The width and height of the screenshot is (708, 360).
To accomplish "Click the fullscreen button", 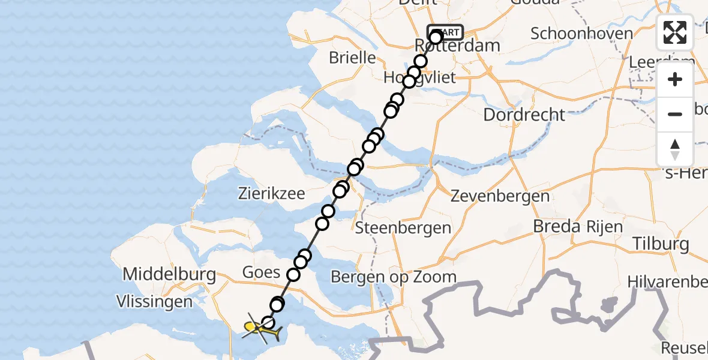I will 675,32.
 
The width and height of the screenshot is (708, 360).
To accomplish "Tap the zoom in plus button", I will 675,80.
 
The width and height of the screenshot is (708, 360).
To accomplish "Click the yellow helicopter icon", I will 260,328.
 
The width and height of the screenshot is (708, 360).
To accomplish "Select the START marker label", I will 445,32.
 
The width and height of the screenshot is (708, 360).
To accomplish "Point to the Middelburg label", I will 169,275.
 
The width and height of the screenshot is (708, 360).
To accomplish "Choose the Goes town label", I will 261,272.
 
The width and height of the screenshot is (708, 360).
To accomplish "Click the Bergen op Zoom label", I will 394,277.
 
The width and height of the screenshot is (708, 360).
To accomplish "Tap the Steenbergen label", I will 403,228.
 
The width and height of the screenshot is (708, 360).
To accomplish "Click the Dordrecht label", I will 524,115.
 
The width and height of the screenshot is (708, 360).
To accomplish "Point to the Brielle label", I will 352,58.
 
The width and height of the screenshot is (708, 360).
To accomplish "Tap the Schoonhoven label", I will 581,33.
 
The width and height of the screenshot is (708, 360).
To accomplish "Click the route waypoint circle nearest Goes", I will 293,275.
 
